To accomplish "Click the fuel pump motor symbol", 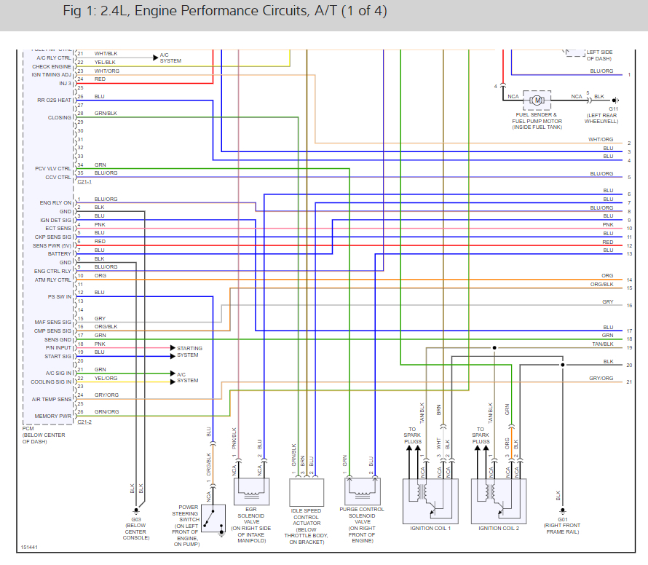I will pyautogui.click(x=537, y=98).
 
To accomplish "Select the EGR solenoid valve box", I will pyautogui.click(x=252, y=491).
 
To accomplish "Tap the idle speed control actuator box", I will pyautogui.click(x=306, y=491).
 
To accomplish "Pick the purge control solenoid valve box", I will pyautogui.click(x=361, y=491).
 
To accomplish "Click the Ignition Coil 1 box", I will pyautogui.click(x=430, y=499).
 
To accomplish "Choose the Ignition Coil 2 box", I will pyautogui.click(x=499, y=499).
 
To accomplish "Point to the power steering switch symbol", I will pyautogui.click(x=213, y=518).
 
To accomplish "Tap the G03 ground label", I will pyautogui.click(x=136, y=519).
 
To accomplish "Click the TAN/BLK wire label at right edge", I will pyautogui.click(x=602, y=344).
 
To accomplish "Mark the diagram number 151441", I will pyautogui.click(x=30, y=547).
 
